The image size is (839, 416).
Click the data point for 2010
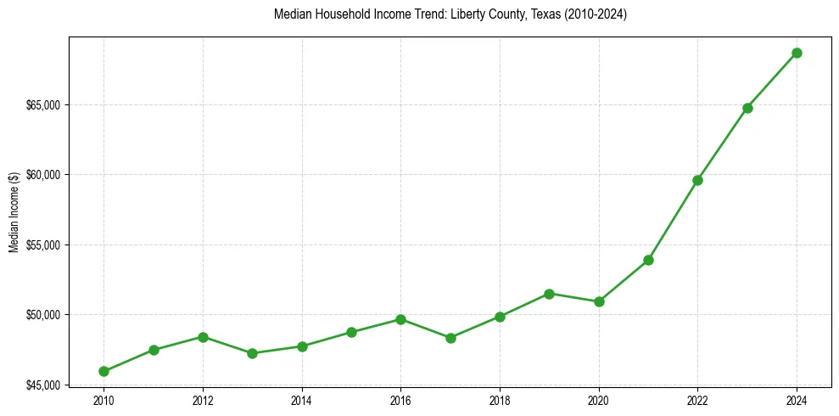[103, 371]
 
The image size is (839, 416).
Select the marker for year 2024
[797, 53]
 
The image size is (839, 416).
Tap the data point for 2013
[252, 353]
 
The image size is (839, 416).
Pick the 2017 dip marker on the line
[450, 338]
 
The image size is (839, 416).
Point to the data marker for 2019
[549, 294]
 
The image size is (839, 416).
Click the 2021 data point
[648, 260]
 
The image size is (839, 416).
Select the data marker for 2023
[747, 108]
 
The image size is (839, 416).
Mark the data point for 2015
[351, 332]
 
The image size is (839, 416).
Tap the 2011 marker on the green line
[154, 350]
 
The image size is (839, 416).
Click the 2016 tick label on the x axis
[400, 401]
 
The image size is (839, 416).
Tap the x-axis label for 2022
[697, 401]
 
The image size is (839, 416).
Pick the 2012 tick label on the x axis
[203, 401]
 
